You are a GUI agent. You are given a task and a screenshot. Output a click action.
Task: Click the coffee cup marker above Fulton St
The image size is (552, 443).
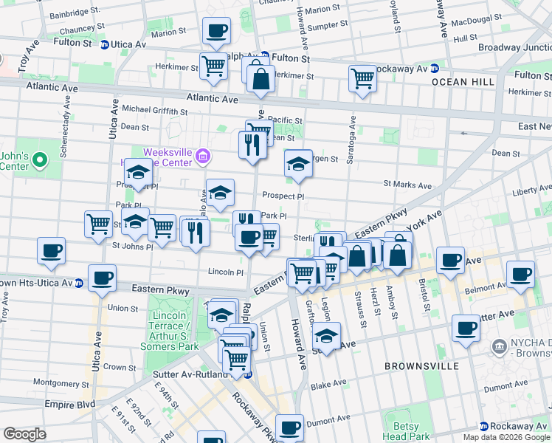216,31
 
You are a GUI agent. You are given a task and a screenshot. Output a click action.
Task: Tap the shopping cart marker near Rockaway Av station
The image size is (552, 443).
362,78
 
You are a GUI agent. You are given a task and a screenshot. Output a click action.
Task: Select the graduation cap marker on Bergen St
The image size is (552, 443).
297,163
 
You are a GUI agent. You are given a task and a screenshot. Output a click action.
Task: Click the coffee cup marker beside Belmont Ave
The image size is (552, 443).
521,273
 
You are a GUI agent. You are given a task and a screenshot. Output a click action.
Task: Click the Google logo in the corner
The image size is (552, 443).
24,434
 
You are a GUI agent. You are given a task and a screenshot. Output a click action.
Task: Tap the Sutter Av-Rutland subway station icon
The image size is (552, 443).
249,374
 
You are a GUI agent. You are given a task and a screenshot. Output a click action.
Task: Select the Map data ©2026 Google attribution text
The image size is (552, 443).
506,437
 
